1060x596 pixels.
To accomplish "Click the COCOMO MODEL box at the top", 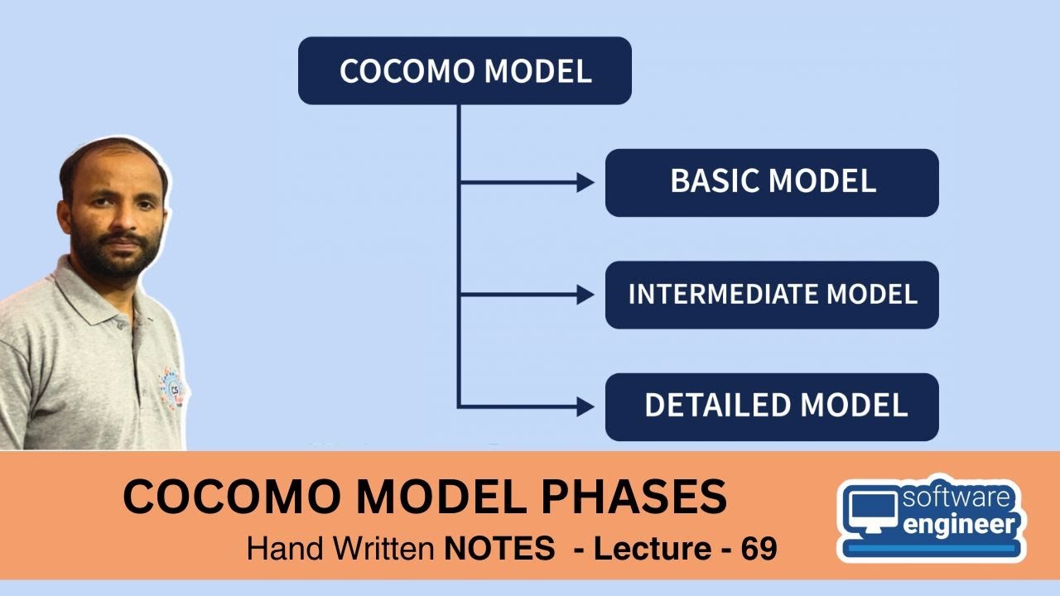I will click(x=465, y=70).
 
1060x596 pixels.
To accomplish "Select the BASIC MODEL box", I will click(x=772, y=182).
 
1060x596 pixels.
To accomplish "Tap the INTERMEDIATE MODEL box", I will click(x=772, y=295).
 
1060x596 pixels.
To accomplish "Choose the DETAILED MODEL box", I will click(x=772, y=406).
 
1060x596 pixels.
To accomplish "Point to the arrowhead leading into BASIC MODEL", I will click(x=585, y=183).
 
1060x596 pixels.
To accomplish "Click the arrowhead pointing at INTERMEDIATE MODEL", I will click(x=585, y=294).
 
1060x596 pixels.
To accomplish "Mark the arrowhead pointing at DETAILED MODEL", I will click(x=585, y=406).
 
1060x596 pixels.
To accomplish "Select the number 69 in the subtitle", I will click(x=759, y=549).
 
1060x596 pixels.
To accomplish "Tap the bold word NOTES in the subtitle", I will click(x=499, y=549).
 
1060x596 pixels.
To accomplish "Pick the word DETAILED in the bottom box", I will click(x=716, y=406).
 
